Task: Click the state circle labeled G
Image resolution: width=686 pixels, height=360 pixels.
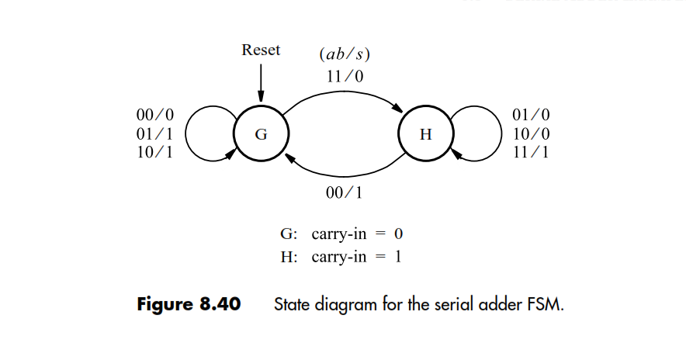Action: tap(262, 133)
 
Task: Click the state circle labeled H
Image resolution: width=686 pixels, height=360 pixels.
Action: tap(424, 133)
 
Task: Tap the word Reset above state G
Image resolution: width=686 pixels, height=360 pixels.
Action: tap(261, 50)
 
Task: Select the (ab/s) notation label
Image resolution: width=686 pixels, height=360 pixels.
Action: tap(341, 56)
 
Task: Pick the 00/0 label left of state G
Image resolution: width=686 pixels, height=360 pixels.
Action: tap(154, 116)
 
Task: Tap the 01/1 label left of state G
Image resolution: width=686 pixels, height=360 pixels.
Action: tap(154, 133)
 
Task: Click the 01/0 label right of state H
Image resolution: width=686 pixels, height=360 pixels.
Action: tap(532, 116)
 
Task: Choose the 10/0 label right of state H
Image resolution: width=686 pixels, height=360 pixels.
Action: tap(532, 133)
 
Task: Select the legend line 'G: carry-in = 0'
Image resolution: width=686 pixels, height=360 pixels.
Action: tap(342, 234)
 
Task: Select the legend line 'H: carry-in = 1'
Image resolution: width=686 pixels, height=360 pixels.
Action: tap(342, 257)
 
